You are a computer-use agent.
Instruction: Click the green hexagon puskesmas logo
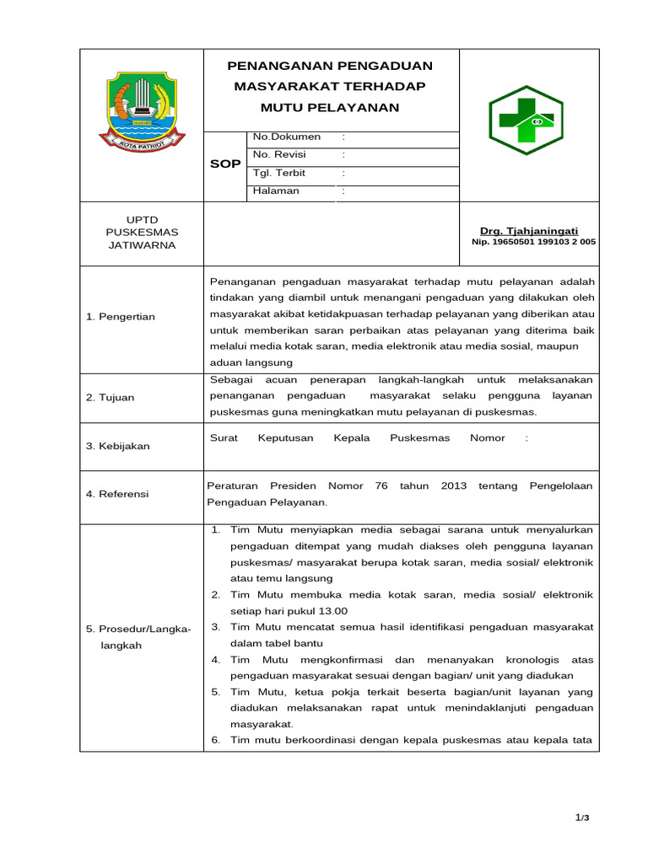pos(526,126)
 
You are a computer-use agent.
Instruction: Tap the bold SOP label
pos(225,163)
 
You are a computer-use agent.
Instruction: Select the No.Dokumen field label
pos(287,137)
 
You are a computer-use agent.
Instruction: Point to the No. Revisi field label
pos(279,154)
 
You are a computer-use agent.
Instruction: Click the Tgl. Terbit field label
pos(279,173)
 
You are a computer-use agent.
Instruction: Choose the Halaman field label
pos(276,190)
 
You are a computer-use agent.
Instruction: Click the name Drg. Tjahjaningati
pos(529,231)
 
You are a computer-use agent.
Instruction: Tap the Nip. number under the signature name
pos(533,242)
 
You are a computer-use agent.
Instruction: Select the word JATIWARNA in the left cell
pos(142,245)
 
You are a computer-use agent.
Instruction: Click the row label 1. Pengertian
pos(121,316)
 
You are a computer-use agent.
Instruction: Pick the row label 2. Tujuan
pos(110,398)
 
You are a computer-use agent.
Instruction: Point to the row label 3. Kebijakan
pos(117,446)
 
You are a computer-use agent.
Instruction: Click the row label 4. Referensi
pos(117,494)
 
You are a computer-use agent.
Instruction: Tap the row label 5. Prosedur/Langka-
pos(138,630)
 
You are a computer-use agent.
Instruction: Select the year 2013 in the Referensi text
pos(454,485)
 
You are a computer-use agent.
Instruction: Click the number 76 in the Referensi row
pos(381,485)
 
